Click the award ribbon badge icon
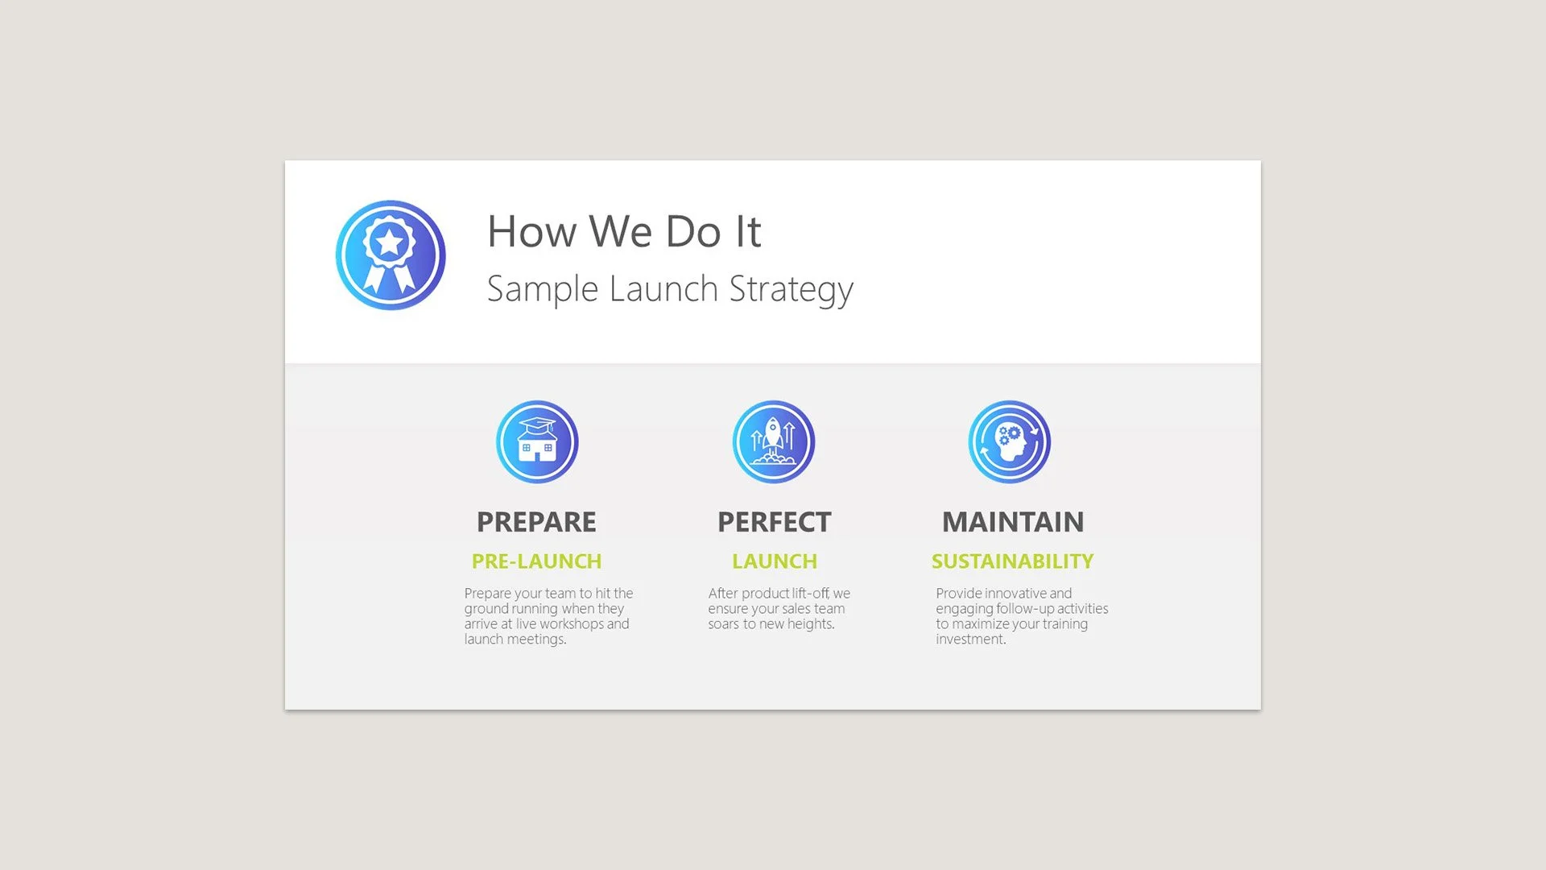pos(391,255)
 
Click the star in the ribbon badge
pos(390,241)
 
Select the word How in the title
pos(531,232)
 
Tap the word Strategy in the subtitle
pos(791,289)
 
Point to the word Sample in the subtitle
pos(542,289)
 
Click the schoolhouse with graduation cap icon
pos(537,442)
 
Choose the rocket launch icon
pos(774,442)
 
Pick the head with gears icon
pos(1009,442)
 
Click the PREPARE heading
pos(536,522)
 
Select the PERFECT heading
pos(774,522)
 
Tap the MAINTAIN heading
pos(1013,522)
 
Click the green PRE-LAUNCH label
pos(536,561)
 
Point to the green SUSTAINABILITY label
pos(1012,561)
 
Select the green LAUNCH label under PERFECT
pos(775,561)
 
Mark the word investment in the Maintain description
pos(970,640)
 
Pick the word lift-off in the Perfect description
pos(810,594)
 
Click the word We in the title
pos(620,232)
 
